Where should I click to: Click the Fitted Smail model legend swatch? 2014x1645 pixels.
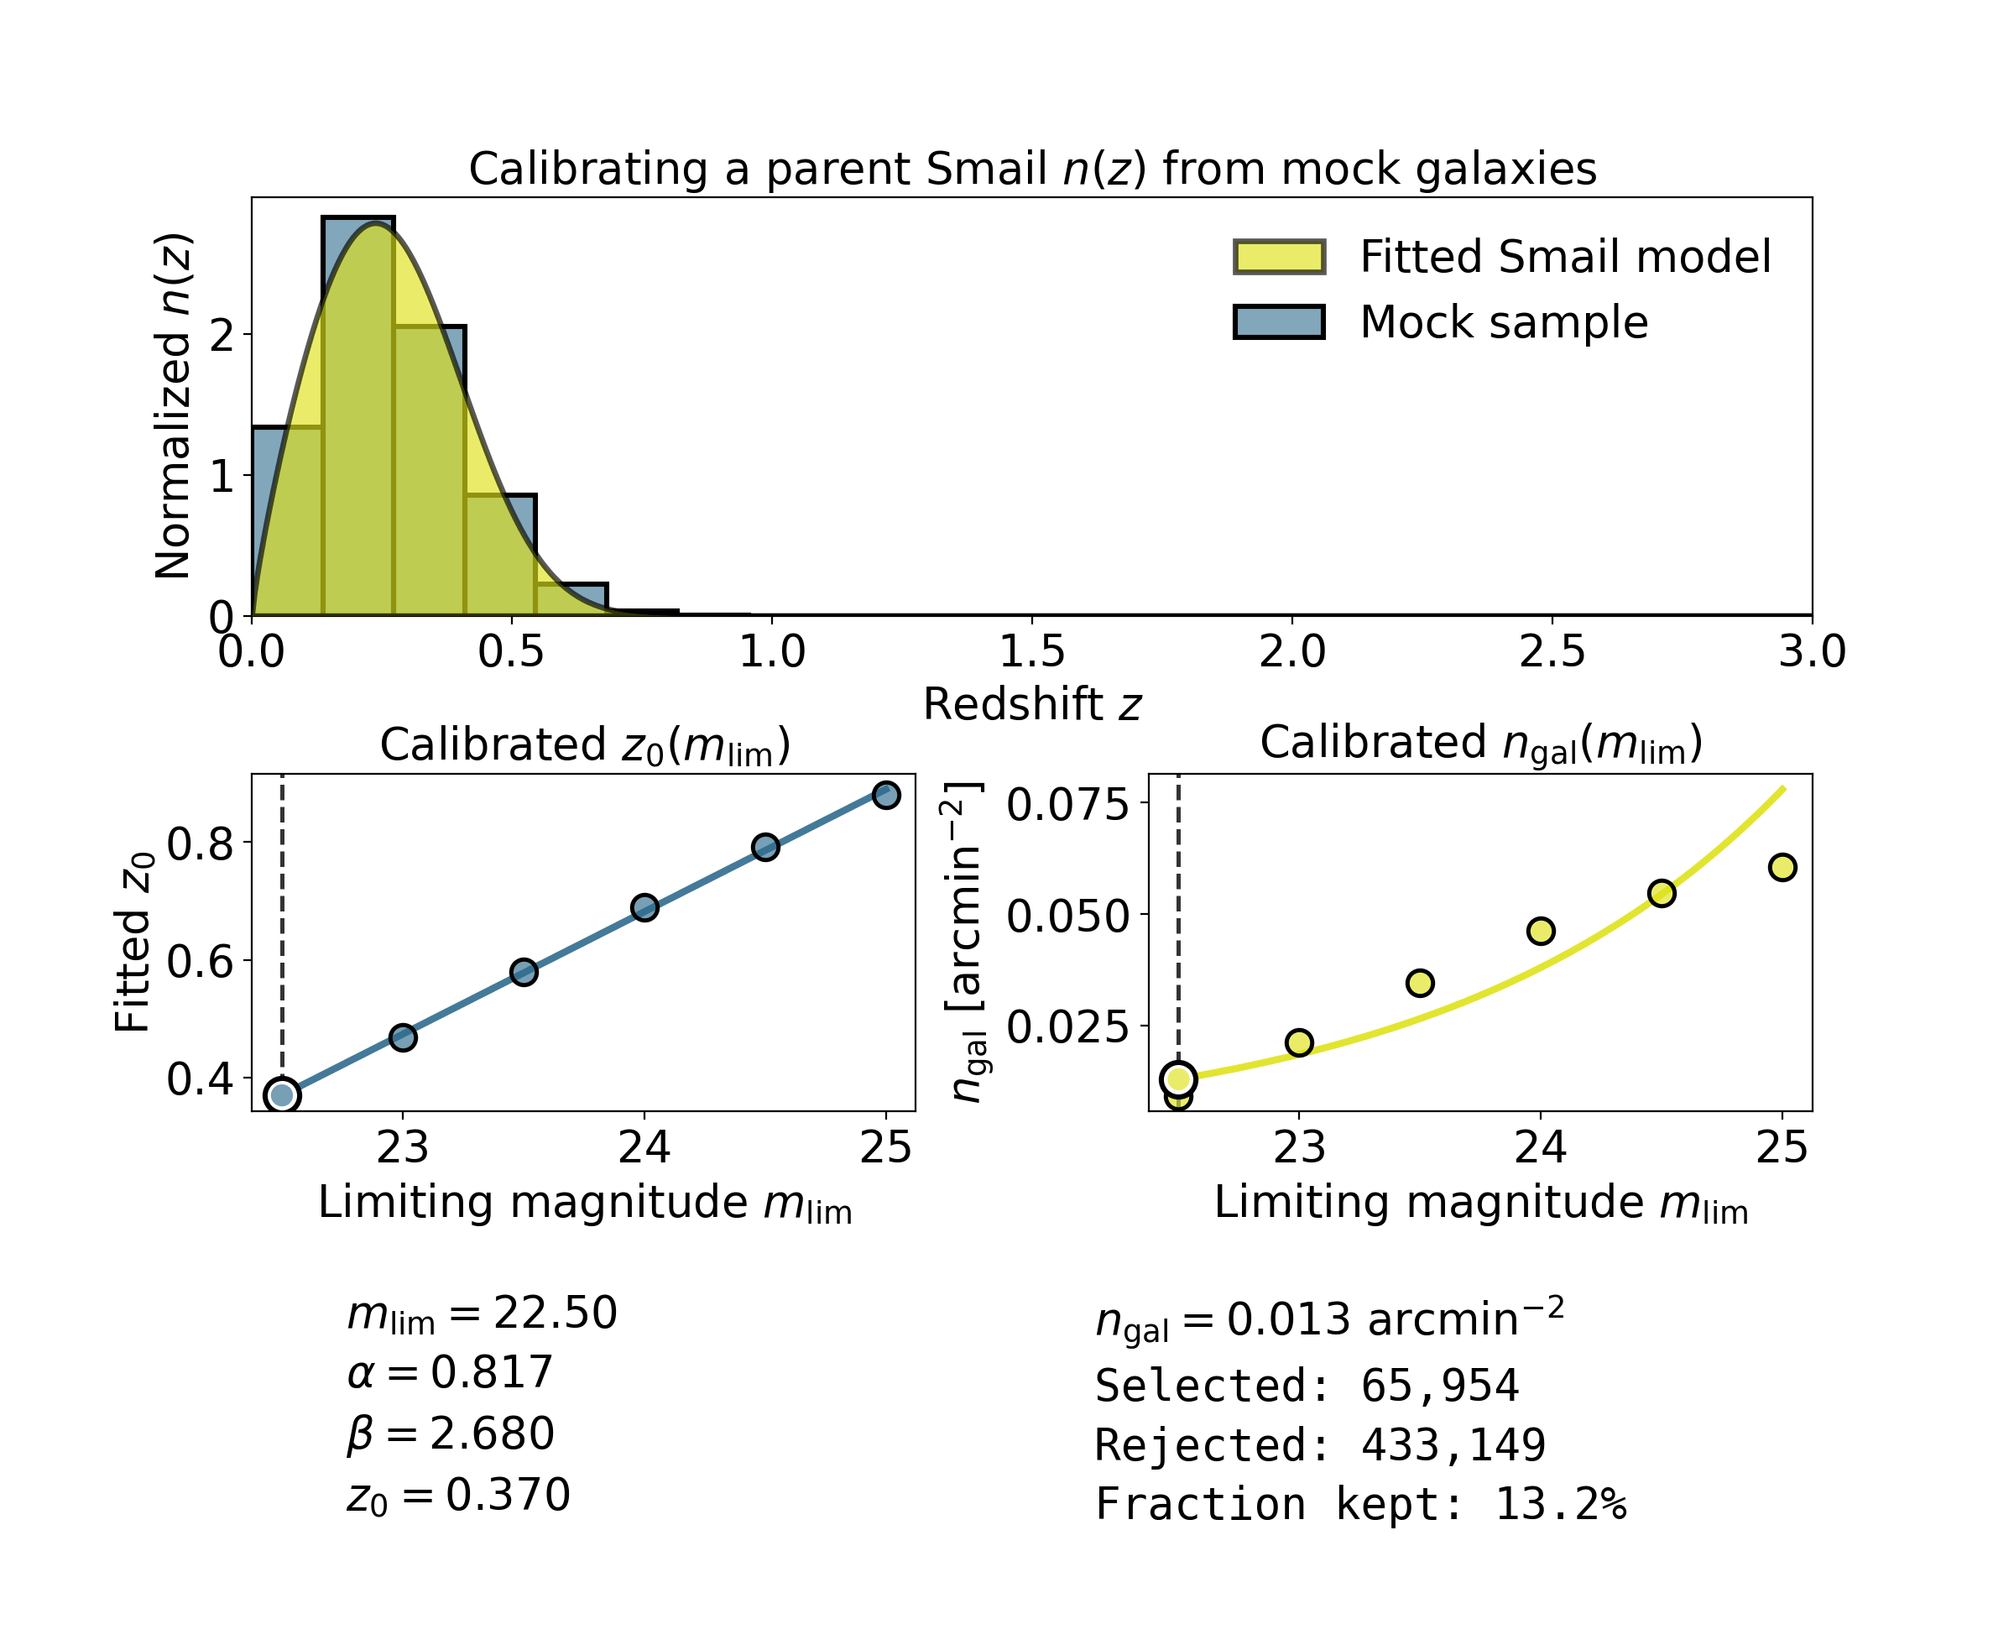pyautogui.click(x=1278, y=257)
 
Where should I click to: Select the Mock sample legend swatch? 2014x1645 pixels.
pyautogui.click(x=1278, y=322)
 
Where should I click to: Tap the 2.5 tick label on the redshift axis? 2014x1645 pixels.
pyautogui.click(x=1552, y=652)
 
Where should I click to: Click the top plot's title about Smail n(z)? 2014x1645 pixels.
pyautogui.click(x=1031, y=170)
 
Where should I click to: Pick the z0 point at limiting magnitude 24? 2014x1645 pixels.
pyautogui.click(x=645, y=908)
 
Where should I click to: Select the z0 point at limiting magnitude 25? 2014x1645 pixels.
pyautogui.click(x=886, y=795)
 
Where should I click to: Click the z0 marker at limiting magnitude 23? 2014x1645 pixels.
pyautogui.click(x=403, y=1037)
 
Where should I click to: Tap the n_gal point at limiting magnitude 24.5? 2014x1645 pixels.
pyautogui.click(x=1662, y=893)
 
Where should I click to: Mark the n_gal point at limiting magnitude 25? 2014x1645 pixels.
pyautogui.click(x=1782, y=867)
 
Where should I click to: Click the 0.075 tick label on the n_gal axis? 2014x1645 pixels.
pyautogui.click(x=1067, y=805)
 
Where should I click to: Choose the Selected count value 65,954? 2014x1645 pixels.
pyautogui.click(x=1439, y=1386)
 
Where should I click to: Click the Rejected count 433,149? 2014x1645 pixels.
pyautogui.click(x=1453, y=1445)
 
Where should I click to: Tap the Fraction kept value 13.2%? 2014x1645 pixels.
pyautogui.click(x=1559, y=1505)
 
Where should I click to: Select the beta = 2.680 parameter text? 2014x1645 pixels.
pyautogui.click(x=451, y=1433)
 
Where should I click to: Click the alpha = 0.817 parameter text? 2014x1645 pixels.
pyautogui.click(x=451, y=1372)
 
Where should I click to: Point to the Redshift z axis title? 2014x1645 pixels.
pyautogui.click(x=1031, y=705)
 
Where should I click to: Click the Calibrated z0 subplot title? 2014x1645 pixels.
pyautogui.click(x=585, y=746)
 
